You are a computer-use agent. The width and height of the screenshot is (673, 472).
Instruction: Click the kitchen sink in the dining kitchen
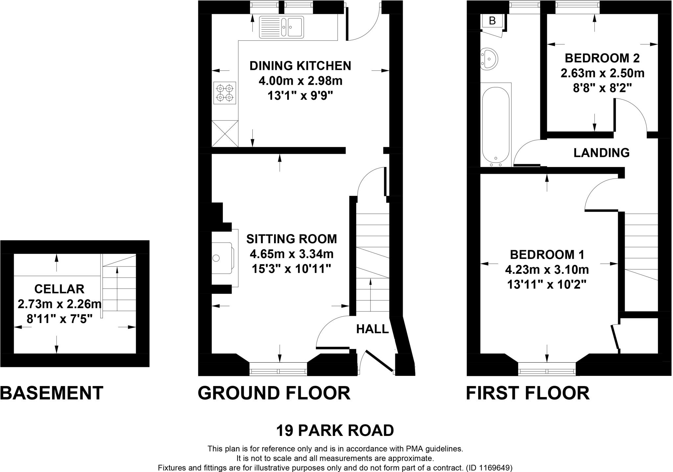tap(281, 27)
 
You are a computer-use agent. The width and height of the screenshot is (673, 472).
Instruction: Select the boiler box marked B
tap(492, 21)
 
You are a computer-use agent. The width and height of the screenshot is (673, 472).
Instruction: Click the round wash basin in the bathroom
tap(489, 59)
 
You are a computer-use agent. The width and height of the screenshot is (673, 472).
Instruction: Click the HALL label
tap(372, 329)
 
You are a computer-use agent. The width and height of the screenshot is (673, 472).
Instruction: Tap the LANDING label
tap(601, 153)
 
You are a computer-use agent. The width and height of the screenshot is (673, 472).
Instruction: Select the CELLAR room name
tap(59, 289)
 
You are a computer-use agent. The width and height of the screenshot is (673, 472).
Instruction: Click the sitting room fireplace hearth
tap(223, 258)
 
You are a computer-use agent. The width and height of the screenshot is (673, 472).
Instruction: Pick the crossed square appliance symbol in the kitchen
tap(225, 134)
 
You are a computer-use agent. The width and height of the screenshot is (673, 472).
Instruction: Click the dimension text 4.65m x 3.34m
tap(291, 254)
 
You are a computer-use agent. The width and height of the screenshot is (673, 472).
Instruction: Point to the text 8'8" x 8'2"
tap(602, 88)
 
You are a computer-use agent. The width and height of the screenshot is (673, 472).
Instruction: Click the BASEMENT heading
tap(52, 393)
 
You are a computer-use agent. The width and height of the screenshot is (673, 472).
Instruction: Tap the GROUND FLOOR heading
tap(274, 393)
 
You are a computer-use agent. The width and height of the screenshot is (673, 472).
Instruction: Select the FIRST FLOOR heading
tap(527, 393)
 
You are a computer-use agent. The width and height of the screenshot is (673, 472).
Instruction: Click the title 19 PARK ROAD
tap(335, 430)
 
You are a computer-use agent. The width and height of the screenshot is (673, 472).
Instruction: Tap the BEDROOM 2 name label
tap(602, 58)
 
